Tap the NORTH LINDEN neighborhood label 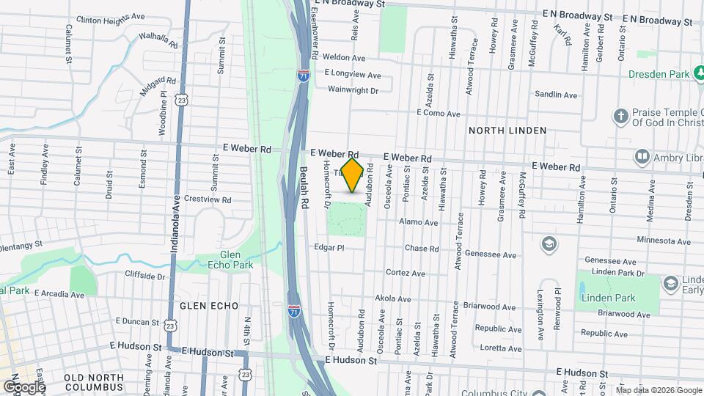[x=507, y=131]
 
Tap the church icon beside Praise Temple [x=620, y=116]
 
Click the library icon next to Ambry [x=642, y=157]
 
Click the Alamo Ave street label [x=418, y=222]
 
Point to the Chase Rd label [x=422, y=249]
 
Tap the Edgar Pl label [x=329, y=248]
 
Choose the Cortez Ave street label [x=406, y=274]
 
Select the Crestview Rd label [x=208, y=199]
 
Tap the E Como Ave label [x=438, y=114]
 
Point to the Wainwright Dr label [x=353, y=91]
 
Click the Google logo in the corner [x=23, y=386]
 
